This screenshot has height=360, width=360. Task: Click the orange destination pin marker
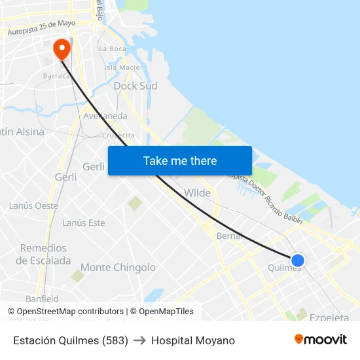pyautogui.click(x=62, y=48)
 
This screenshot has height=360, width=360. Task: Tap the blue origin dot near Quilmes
pyautogui.click(x=297, y=261)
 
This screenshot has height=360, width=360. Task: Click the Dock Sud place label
pyautogui.click(x=135, y=86)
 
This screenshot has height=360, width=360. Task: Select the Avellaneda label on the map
pyautogui.click(x=105, y=116)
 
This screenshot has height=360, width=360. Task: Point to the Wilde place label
pyautogui.click(x=197, y=193)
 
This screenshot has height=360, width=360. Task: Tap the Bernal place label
pyautogui.click(x=229, y=236)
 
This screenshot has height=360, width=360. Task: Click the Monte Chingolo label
pyautogui.click(x=118, y=267)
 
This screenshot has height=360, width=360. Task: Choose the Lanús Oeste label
pyautogui.click(x=33, y=206)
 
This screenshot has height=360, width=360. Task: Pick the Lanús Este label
pyautogui.click(x=83, y=223)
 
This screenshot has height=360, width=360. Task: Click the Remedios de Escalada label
pyautogui.click(x=43, y=254)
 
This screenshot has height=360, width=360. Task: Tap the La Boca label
pyautogui.click(x=112, y=48)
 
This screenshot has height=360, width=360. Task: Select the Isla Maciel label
pyautogui.click(x=123, y=67)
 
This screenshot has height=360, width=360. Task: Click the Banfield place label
pyautogui.click(x=42, y=298)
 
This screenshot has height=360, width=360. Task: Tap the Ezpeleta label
pyautogui.click(x=329, y=317)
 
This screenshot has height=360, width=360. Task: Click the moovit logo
pyautogui.click(x=320, y=340)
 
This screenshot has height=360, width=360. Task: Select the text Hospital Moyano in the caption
pyautogui.click(x=192, y=340)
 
